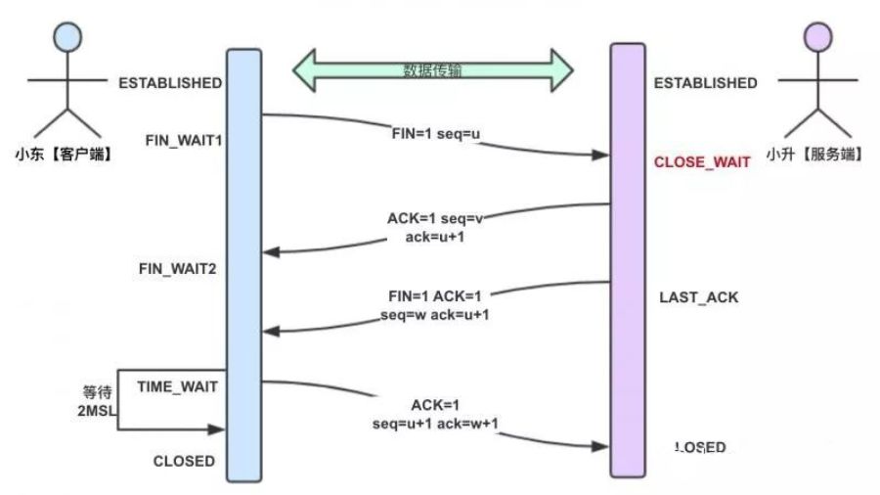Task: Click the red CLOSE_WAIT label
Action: pos(702,161)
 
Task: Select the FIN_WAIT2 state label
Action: pos(177,268)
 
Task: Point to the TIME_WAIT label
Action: pos(177,386)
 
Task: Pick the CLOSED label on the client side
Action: pos(184,460)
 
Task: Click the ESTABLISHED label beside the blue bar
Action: pos(170,83)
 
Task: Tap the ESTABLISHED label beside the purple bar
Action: pos(705,83)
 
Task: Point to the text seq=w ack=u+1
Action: pos(436,316)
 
